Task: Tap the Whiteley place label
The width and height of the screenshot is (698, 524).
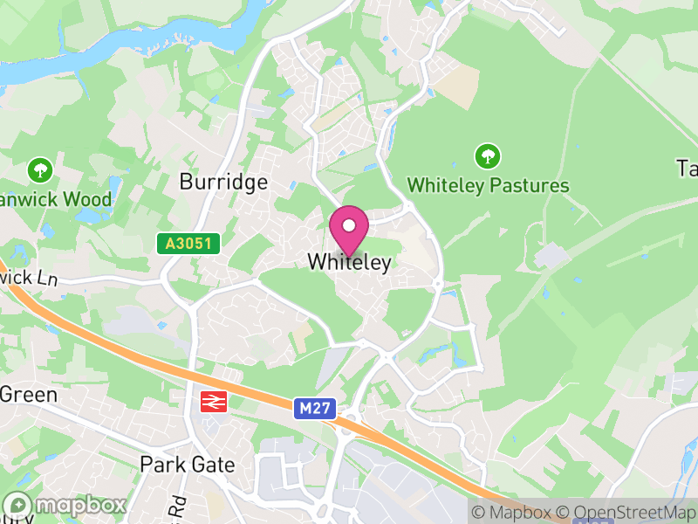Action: [x=349, y=262]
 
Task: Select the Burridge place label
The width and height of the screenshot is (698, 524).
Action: [x=222, y=183]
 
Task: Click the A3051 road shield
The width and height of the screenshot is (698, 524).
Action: [x=188, y=244]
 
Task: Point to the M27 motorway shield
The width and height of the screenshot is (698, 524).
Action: [x=315, y=408]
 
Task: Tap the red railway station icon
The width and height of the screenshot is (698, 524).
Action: [x=213, y=402]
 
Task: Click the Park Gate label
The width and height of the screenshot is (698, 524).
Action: [x=188, y=465]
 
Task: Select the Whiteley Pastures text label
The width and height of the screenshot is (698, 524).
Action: [x=488, y=186]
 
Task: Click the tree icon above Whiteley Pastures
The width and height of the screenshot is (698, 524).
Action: [x=488, y=157]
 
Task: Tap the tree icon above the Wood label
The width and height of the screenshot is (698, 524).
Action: [x=40, y=169]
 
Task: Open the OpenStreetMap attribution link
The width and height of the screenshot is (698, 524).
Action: [x=627, y=513]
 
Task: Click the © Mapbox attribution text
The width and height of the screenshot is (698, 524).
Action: [x=512, y=513]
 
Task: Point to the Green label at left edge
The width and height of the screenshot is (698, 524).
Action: [x=28, y=395]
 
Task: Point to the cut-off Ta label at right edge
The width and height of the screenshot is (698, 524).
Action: [x=687, y=168]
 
